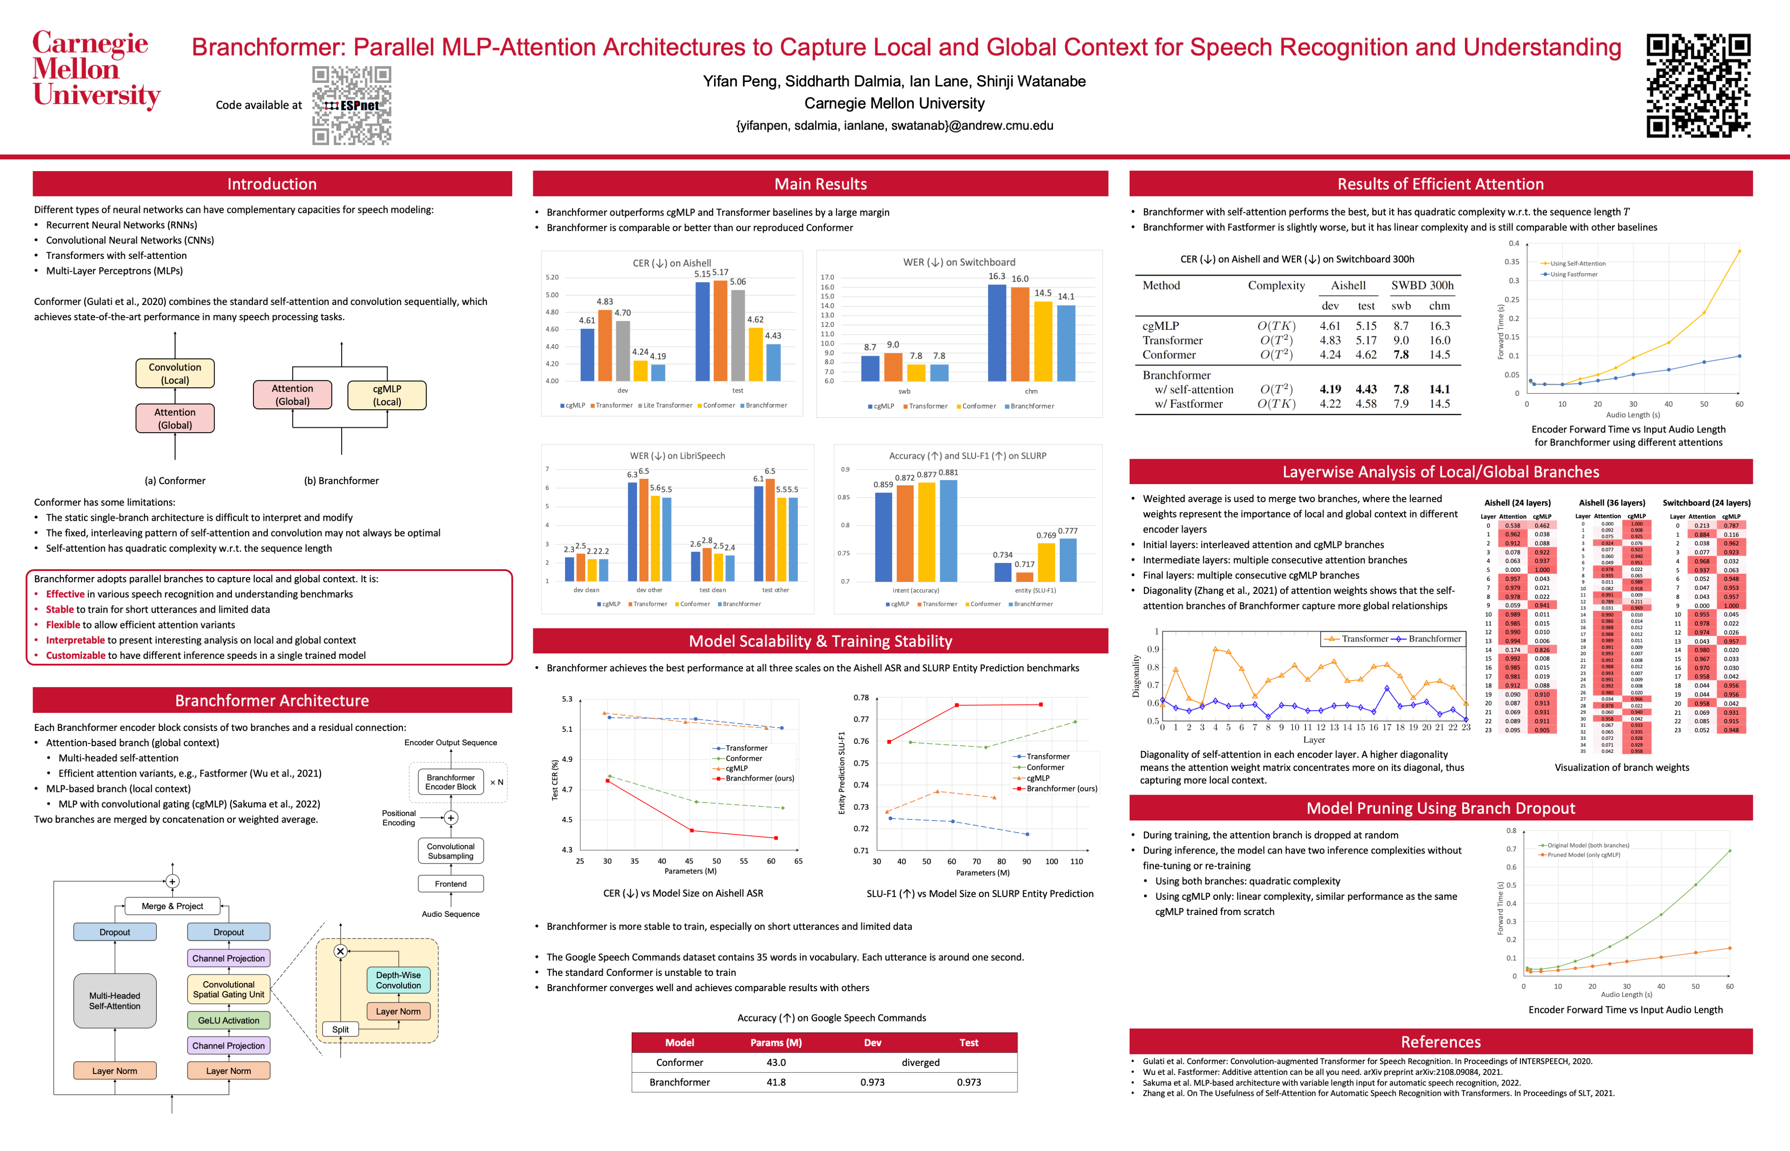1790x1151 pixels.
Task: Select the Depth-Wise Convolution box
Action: coord(398,980)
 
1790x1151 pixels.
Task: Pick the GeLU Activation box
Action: coord(229,1020)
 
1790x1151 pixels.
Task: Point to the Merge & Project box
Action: coord(172,906)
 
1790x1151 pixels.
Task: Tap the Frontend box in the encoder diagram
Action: coord(450,884)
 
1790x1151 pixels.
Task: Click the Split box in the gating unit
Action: coord(340,1029)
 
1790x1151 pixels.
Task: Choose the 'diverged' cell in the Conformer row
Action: coord(921,1062)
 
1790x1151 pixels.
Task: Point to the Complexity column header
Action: coord(1276,285)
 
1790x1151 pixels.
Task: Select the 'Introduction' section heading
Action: coord(272,184)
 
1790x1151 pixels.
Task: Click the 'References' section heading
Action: coord(1440,1042)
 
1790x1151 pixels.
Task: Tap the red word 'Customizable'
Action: coord(76,656)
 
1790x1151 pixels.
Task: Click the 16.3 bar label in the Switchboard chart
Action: coord(997,276)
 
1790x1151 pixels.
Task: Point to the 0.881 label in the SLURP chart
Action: coord(948,472)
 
